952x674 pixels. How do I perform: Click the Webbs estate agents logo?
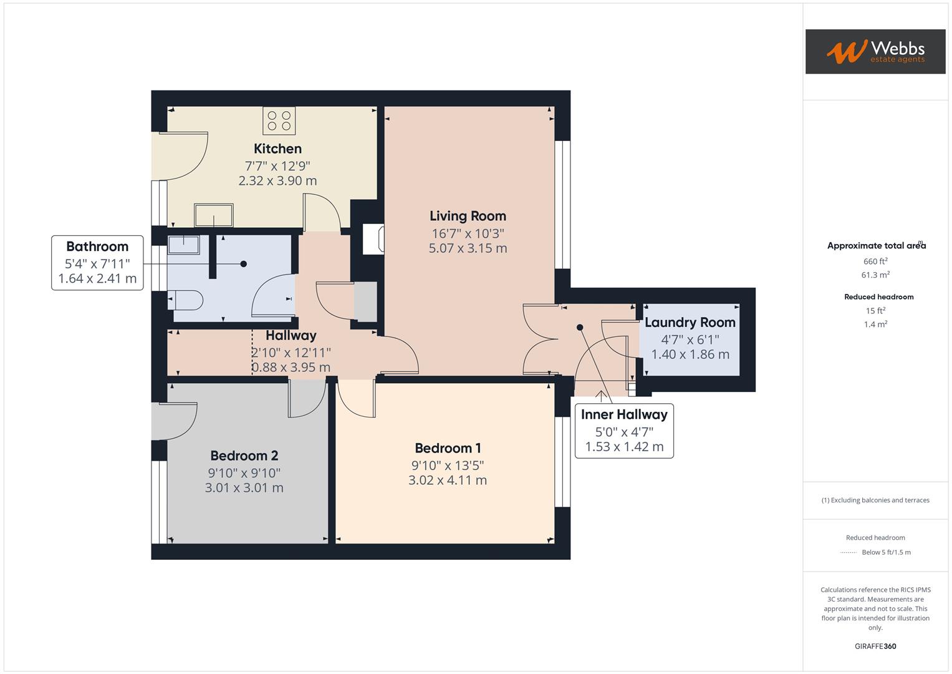coord(875,51)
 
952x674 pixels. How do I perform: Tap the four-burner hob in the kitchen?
coord(279,120)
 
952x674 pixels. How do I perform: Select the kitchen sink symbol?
coord(214,216)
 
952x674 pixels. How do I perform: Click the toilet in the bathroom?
coord(186,300)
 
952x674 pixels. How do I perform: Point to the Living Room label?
coord(468,216)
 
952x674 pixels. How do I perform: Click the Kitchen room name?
coord(277,149)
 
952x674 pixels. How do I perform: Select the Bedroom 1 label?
coord(448,448)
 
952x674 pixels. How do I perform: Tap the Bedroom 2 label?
coord(244,456)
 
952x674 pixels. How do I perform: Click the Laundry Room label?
coord(690,323)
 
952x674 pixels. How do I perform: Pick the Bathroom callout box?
coord(97,263)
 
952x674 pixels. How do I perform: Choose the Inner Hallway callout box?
coord(624,431)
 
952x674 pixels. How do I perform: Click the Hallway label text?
coord(291,336)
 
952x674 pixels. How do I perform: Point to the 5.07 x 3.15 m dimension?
coord(468,248)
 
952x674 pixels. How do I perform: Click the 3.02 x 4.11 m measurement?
coord(448,481)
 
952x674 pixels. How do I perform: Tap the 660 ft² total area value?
coord(875,261)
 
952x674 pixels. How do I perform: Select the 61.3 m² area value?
coord(875,275)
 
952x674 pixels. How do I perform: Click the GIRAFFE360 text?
coord(875,646)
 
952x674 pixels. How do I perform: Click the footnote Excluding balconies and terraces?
coord(875,500)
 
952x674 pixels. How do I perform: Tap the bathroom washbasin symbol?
coord(183,245)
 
